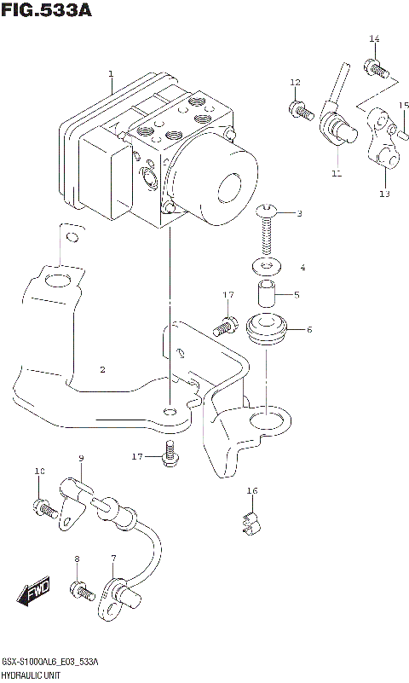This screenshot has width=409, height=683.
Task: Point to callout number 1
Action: coord(110,74)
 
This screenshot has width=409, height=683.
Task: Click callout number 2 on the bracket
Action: coord(101,369)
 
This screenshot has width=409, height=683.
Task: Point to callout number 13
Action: coord(383,194)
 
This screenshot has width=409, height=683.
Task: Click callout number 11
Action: coord(336,174)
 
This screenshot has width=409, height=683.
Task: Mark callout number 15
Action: coord(405,106)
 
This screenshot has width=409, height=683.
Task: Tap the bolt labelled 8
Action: coord(83,589)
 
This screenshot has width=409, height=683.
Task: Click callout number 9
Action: coord(81,460)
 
